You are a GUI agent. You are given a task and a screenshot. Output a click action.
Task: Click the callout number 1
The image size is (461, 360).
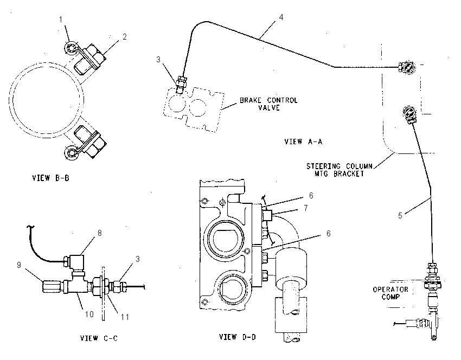coord(61,20)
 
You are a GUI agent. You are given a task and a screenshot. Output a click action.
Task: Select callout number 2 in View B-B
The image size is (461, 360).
coord(125,37)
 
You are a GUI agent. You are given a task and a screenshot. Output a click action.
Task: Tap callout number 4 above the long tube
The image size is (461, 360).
coord(281,17)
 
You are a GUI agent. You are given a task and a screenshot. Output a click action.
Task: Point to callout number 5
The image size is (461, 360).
coord(400,216)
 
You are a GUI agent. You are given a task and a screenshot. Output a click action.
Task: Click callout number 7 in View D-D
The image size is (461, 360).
coord(306,208)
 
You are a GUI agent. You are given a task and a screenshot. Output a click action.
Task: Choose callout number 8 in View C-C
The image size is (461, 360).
coord(100,233)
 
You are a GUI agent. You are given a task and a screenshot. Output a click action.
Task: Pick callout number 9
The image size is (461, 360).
coord(19,265)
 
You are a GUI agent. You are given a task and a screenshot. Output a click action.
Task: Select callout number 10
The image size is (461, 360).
coord(89,314)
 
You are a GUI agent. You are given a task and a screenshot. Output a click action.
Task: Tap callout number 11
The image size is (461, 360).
coord(125,317)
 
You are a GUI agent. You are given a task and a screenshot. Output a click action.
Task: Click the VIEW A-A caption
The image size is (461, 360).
coord(303,142)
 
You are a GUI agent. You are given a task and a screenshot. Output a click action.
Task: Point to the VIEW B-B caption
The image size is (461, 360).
coord(50,178)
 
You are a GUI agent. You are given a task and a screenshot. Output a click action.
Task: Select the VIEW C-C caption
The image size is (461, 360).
coord(99,338)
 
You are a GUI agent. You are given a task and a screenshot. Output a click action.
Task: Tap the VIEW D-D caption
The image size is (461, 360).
coord(237,337)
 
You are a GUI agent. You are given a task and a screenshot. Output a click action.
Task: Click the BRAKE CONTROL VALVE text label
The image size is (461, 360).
coord(268,104)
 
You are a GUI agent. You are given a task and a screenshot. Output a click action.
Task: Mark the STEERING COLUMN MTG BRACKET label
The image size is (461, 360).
coord(340,170)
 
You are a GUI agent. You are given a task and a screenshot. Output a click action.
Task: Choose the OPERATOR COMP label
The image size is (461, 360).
coord(390,293)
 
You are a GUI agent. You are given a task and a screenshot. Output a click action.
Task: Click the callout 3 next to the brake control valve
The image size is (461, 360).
coord(158,60)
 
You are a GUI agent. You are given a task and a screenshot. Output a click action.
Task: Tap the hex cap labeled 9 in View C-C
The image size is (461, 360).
coord(52,286)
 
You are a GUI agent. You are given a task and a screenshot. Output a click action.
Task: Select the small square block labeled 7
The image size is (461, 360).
coord(267,215)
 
